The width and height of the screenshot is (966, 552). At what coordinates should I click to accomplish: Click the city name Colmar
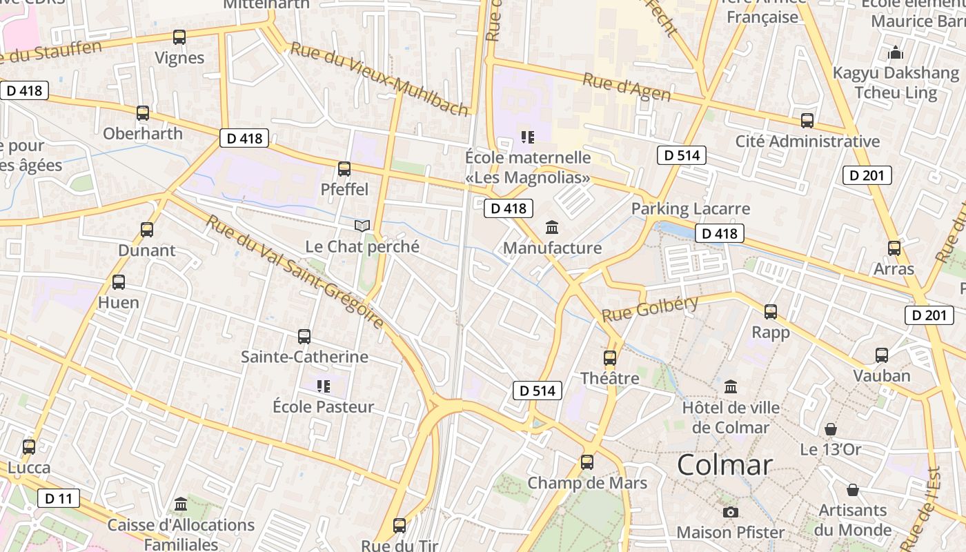pos(724,465)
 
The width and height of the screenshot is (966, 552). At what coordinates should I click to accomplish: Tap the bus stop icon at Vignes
pos(179,37)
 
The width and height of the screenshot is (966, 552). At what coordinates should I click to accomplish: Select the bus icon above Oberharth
pos(143,113)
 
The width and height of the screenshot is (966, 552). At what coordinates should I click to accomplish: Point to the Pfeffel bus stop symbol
pos(344,168)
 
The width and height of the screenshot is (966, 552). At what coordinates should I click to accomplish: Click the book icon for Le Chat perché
pos(362,226)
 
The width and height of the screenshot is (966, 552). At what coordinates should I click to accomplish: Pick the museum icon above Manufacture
pos(552,227)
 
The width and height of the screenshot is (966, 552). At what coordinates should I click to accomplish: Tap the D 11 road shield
pos(59,498)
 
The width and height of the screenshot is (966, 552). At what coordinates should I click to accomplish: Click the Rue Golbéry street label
pos(650,308)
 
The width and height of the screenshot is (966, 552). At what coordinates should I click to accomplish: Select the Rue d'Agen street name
pos(627,87)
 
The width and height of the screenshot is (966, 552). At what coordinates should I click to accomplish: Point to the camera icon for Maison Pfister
pos(731,512)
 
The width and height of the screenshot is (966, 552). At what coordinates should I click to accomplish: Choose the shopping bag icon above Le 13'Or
pos(831,429)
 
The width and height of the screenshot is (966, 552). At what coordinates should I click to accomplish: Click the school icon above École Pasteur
pos(323,386)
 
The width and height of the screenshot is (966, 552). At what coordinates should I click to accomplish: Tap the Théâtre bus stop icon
pos(610,357)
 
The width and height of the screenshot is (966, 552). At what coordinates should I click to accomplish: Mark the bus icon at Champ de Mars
pos(587,462)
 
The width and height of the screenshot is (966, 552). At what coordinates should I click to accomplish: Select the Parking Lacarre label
pos(691,208)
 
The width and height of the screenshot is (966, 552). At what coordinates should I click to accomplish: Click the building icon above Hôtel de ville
pos(731,386)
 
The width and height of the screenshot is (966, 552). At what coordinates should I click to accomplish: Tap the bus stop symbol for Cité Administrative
pos(807,121)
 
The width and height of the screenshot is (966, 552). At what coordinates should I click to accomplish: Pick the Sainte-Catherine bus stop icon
pos(304,337)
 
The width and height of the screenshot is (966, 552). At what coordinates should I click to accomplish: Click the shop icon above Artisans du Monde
pos(853,490)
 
